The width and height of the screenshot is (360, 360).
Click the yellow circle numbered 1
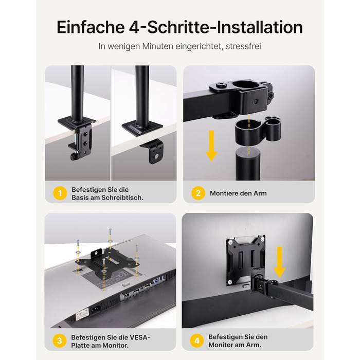click(x=60, y=193)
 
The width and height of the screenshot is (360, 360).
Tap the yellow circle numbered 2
click(x=198, y=193)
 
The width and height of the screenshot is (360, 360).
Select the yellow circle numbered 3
click(x=60, y=340)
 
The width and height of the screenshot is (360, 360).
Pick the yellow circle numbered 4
click(x=197, y=340)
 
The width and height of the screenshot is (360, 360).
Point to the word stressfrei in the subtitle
click(x=243, y=46)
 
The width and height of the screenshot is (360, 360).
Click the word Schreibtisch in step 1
click(x=122, y=197)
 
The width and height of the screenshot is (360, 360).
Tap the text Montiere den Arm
click(x=238, y=193)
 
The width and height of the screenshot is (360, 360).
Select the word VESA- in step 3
click(x=139, y=337)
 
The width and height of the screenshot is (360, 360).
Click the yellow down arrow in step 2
click(x=211, y=146)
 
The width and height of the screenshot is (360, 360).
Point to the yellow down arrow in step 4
click(x=279, y=262)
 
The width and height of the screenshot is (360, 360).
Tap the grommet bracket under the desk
click(x=153, y=151)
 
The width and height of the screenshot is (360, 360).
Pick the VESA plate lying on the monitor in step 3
click(x=108, y=261)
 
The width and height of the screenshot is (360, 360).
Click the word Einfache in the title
click(x=91, y=27)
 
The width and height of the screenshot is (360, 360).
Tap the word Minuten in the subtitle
click(x=158, y=46)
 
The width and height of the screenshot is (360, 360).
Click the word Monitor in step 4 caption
click(x=221, y=345)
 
